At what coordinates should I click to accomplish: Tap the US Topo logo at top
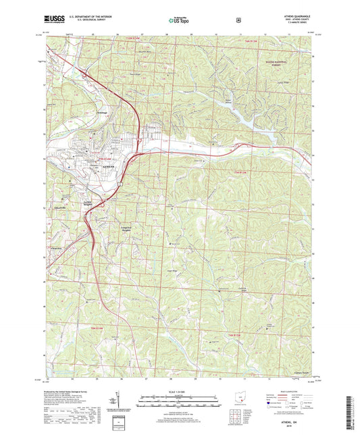coord(178,21)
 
